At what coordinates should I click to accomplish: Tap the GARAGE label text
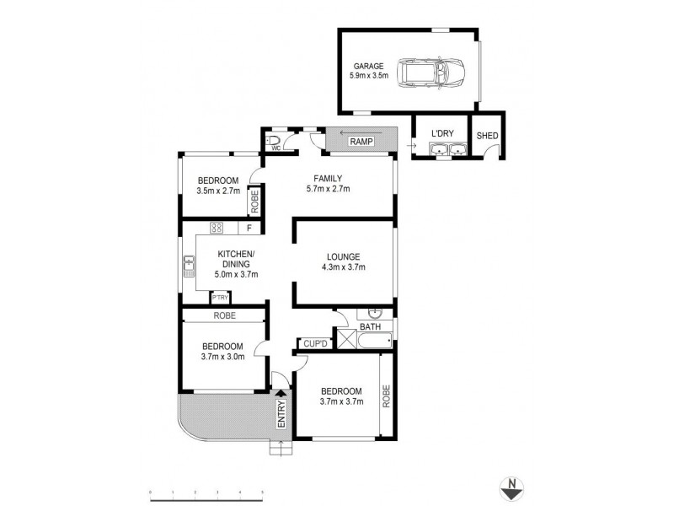click(x=369, y=65)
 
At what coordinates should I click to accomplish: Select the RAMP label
click(x=350, y=141)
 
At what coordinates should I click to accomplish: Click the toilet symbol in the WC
click(x=274, y=140)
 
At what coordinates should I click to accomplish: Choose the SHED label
click(x=487, y=136)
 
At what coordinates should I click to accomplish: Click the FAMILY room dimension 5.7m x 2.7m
click(x=326, y=190)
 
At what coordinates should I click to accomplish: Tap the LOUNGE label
click(x=344, y=256)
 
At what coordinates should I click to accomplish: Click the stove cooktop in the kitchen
click(x=217, y=227)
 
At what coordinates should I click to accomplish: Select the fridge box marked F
click(x=249, y=227)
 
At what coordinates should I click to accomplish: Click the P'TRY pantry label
click(x=220, y=298)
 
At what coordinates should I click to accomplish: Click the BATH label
click(x=370, y=326)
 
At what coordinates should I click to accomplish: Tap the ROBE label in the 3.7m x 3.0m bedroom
click(x=224, y=315)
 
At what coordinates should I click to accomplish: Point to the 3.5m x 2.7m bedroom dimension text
click(x=218, y=191)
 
